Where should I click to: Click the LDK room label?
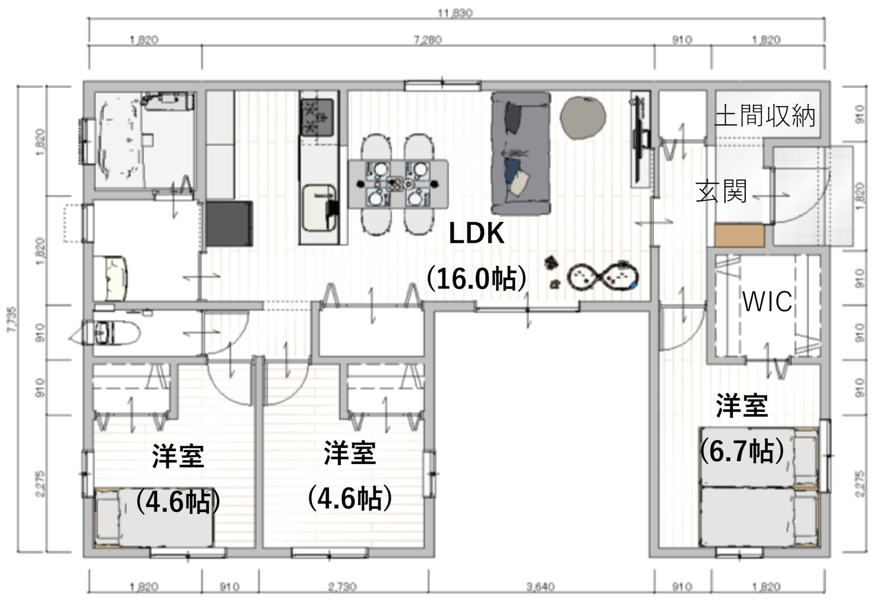click(476, 234)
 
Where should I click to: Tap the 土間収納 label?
click(765, 116)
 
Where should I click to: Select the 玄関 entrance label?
click(721, 191)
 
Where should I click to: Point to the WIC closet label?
click(767, 302)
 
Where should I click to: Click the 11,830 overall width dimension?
click(455, 13)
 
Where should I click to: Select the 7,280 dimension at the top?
click(427, 40)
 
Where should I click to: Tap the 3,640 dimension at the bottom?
click(540, 587)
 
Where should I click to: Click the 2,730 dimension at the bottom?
click(343, 587)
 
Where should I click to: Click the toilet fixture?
click(110, 333)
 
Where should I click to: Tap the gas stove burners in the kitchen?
click(317, 117)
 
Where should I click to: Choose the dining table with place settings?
click(398, 184)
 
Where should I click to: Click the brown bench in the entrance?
click(739, 235)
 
